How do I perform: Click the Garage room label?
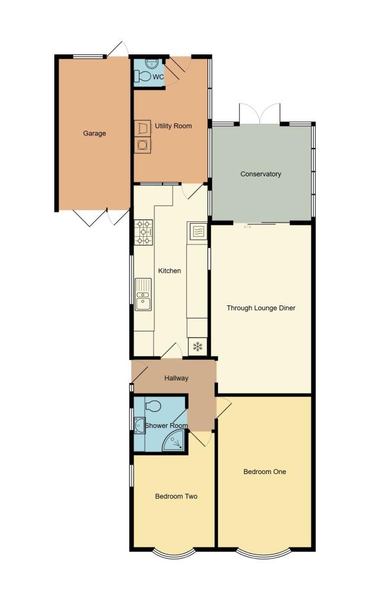pos(94,133)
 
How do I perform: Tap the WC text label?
pos(158,77)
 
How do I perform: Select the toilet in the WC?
pos(142,76)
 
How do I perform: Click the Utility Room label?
pos(173,126)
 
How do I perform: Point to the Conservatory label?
pos(261,174)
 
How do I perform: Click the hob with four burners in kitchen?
pos(144,232)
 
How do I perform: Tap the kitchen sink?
pos(143,294)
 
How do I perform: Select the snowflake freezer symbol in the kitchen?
pos(197,347)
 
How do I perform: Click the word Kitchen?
pos(169,270)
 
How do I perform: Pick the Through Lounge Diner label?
pos(261,308)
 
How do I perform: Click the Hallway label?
pos(176,378)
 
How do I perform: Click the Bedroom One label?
pos(264,472)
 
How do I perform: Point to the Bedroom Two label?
pos(176,496)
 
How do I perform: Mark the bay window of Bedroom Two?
pos(173,554)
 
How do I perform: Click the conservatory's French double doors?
pos(260,114)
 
